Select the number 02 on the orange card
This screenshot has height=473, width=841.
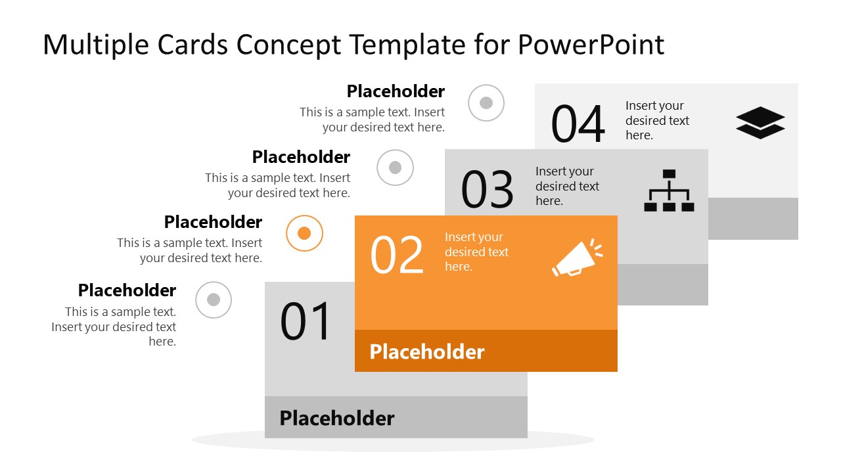coord(397,256)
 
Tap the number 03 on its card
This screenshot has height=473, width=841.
coord(487,190)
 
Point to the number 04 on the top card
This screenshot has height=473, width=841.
coord(578,124)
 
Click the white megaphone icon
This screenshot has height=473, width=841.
coord(576,258)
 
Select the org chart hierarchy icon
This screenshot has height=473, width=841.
coord(669,191)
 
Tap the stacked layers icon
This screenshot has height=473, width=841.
coord(760,123)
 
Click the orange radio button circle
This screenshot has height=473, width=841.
coord(304,233)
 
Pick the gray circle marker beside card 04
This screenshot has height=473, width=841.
coord(486,102)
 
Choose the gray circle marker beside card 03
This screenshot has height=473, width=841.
coord(395,168)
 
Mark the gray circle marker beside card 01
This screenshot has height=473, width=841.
coord(214,300)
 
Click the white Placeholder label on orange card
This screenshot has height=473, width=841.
coord(427,351)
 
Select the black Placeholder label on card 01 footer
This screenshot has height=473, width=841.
coord(337,418)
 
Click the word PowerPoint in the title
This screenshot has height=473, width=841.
coord(591,45)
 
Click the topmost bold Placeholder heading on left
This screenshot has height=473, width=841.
coord(396,91)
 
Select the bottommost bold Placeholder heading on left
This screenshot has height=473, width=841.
coord(127,290)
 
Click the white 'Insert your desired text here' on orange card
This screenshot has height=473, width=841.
coord(476,252)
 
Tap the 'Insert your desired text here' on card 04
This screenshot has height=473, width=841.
coord(657,120)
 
